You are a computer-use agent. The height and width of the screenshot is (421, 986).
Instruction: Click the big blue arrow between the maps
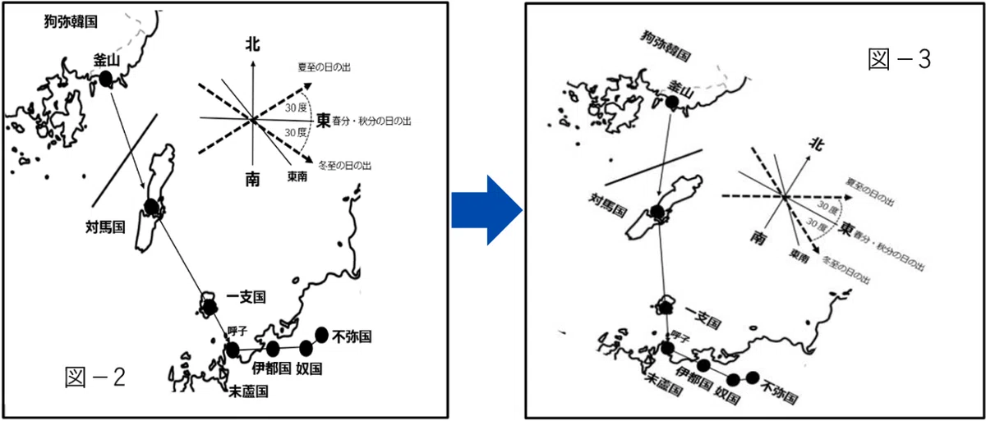(x=486, y=210)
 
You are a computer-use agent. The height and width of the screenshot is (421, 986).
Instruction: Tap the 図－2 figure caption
(x=95, y=378)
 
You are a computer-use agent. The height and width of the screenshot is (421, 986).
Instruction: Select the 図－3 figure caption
(x=899, y=59)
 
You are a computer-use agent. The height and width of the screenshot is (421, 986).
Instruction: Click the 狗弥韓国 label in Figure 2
(x=71, y=21)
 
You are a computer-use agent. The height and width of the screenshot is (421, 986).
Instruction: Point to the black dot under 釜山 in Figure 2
(x=105, y=79)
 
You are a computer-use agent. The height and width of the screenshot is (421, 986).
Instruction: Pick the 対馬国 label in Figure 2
(x=105, y=227)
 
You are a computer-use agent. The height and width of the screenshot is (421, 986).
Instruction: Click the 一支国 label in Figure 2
(x=246, y=297)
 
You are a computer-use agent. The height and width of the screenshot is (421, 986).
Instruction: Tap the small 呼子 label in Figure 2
(x=237, y=331)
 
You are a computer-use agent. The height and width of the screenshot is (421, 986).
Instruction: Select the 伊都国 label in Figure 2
(x=272, y=368)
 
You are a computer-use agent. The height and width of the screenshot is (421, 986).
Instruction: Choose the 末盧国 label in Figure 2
(x=249, y=391)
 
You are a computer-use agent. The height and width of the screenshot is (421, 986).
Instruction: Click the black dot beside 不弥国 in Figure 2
(x=322, y=336)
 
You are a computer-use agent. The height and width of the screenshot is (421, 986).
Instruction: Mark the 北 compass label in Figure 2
(x=253, y=44)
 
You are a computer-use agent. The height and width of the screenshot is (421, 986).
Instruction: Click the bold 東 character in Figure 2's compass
(x=324, y=121)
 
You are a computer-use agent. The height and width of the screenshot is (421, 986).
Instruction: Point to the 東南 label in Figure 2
(x=297, y=176)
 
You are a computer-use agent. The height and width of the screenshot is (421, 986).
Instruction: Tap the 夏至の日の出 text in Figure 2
(x=325, y=67)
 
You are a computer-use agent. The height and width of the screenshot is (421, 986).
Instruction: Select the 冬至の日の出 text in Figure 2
(x=344, y=166)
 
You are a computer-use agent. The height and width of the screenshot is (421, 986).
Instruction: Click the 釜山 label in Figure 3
(x=681, y=89)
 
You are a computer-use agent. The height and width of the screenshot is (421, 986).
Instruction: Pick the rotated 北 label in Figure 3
(x=817, y=144)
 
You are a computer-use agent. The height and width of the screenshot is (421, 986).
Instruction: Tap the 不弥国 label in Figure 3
(x=780, y=391)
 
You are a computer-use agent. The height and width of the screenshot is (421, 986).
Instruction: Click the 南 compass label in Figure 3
(x=758, y=238)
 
